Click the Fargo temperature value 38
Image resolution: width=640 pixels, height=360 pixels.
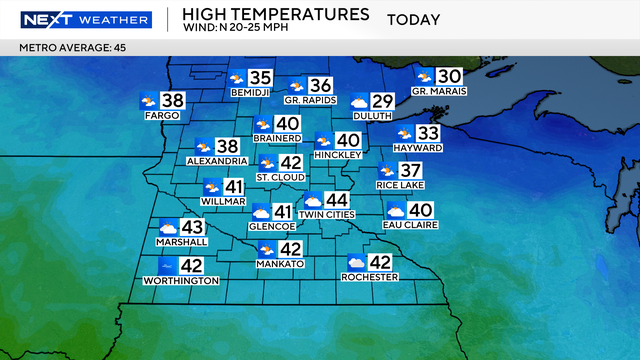173,101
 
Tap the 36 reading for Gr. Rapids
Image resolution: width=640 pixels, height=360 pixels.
320,86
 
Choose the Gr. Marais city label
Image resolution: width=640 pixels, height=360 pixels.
440,92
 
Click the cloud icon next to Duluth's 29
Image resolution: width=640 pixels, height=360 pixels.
359,101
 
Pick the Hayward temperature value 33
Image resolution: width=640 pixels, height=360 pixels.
428,134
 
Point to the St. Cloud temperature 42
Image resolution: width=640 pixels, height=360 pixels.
291,163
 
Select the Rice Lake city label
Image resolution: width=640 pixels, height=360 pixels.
400,185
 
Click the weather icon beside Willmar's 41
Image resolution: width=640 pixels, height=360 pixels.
212,186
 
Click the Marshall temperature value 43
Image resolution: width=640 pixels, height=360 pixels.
191,228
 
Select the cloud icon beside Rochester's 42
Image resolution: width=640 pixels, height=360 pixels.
356,263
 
